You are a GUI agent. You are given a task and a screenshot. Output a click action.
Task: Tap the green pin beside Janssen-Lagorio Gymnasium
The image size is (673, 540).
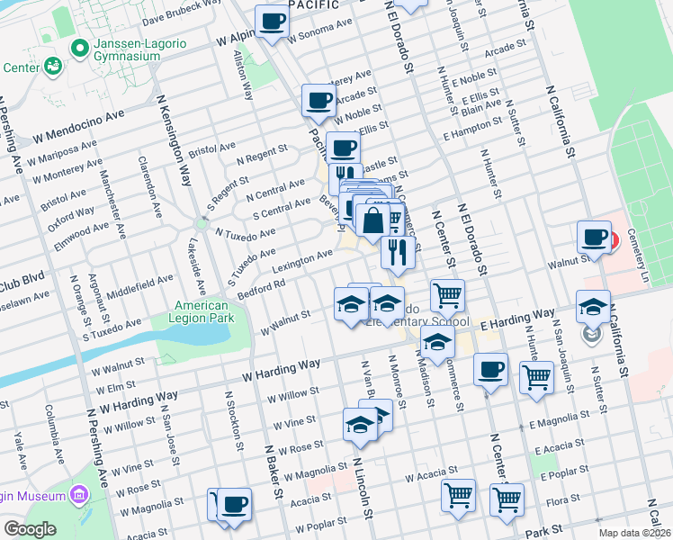pos(78,47)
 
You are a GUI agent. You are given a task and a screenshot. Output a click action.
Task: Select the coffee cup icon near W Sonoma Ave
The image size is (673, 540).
pos(271,22)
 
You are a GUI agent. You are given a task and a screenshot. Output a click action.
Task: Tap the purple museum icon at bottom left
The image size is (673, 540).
pos(78,495)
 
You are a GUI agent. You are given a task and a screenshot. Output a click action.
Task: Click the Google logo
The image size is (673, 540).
pos(30,529)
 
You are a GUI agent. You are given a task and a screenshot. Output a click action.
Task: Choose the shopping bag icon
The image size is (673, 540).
pos(372,220)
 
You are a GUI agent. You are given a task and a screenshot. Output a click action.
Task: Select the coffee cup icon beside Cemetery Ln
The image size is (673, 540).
pos(593,237)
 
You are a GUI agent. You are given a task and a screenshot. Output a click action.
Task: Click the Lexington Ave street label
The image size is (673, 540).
pos(303,262)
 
